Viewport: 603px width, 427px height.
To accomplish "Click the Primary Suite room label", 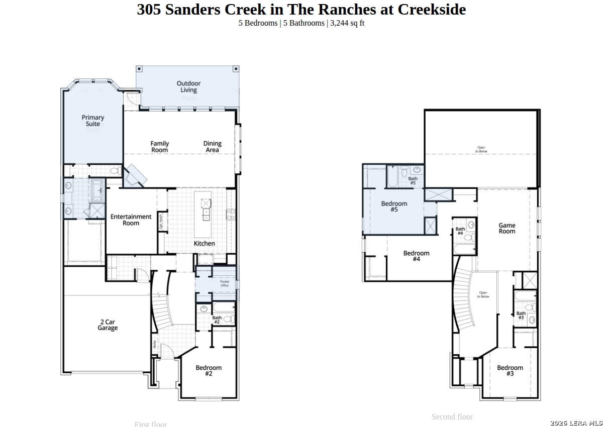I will [93, 121].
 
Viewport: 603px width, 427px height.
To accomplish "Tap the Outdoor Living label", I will [188, 87].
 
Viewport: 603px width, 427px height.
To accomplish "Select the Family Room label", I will [160, 147].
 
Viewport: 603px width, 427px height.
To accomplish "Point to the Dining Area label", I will [212, 147].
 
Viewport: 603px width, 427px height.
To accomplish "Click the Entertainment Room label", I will [131, 220].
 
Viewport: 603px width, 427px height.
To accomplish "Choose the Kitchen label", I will [205, 244].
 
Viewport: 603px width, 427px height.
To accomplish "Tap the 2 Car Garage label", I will [108, 325].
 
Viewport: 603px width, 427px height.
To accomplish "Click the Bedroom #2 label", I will [209, 371].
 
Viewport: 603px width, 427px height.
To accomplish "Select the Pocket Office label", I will [225, 284].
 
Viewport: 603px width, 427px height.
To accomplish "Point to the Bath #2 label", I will [217, 319].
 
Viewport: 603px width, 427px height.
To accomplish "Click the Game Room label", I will [507, 229].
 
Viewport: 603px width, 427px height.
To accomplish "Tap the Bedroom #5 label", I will [394, 206].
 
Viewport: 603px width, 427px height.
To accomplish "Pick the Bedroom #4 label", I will [416, 256].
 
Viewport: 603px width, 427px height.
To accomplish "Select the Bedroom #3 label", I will [510, 371].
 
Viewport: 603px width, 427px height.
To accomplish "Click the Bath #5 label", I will [413, 181].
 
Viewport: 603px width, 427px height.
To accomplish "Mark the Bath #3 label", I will [521, 315].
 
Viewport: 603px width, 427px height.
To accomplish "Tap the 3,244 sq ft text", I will [347, 23].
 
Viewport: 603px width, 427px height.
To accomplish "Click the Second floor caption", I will [452, 416].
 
